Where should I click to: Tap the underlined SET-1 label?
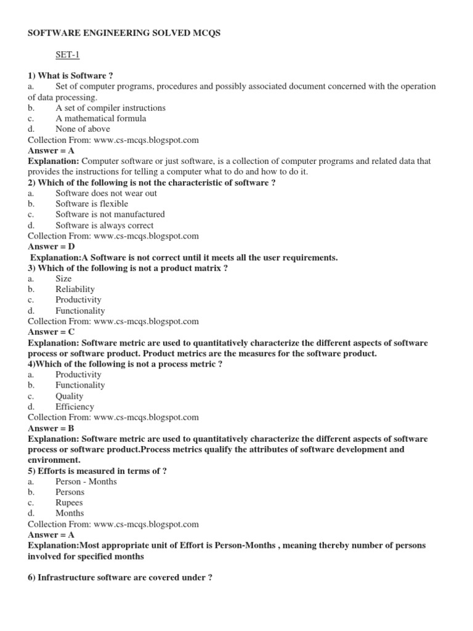point(68,55)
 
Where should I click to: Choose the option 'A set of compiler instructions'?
point(110,108)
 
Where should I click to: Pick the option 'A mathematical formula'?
point(100,118)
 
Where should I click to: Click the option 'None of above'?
point(83,129)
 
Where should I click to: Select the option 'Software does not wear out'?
point(106,193)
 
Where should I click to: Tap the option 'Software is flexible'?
point(92,203)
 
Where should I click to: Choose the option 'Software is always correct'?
point(105,225)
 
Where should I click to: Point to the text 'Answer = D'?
point(52,246)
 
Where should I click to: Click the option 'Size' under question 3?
point(63,279)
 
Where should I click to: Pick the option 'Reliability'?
point(75,289)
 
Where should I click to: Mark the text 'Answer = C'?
point(51,332)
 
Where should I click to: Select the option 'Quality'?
point(70,396)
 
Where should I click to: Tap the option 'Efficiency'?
point(75,407)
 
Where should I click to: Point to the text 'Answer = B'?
point(51,428)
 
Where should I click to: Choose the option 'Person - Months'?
point(86,481)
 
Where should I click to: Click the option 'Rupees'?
point(69,502)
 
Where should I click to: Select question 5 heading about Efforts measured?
point(97,471)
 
